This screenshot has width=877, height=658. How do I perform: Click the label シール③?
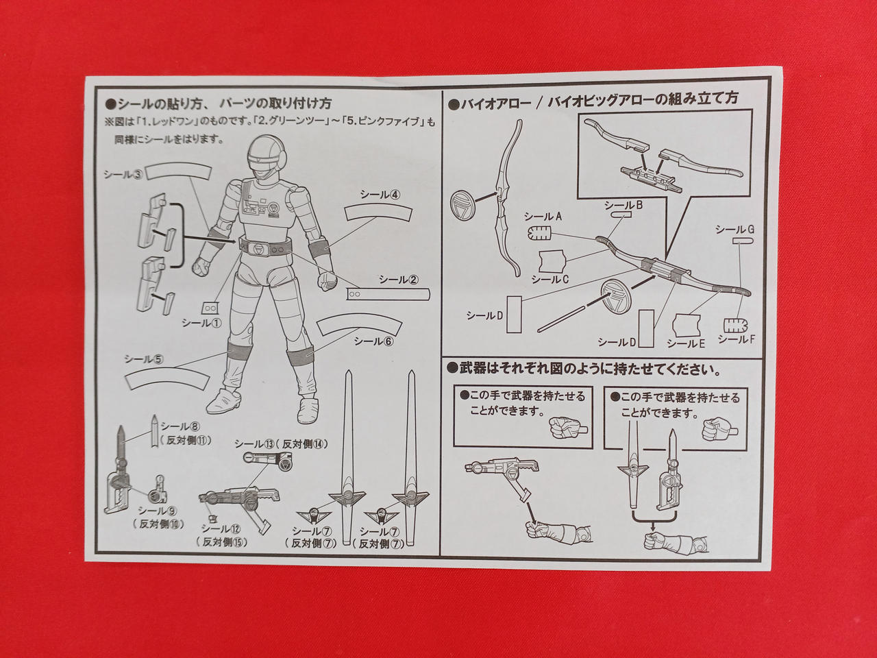click(123, 174)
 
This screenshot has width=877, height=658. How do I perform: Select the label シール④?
click(380, 194)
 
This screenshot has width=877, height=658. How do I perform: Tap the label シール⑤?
click(143, 358)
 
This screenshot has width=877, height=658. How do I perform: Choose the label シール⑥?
click(374, 341)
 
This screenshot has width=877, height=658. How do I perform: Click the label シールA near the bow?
click(543, 217)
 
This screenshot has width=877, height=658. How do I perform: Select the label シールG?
click(734, 230)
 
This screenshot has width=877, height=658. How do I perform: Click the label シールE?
click(686, 343)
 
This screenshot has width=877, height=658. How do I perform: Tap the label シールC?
click(550, 279)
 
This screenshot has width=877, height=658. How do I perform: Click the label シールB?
click(623, 205)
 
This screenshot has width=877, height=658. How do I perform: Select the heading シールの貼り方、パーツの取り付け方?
click(218, 103)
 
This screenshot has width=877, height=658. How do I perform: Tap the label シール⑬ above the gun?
click(255, 444)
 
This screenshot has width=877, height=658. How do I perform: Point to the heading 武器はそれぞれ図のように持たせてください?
click(584, 369)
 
